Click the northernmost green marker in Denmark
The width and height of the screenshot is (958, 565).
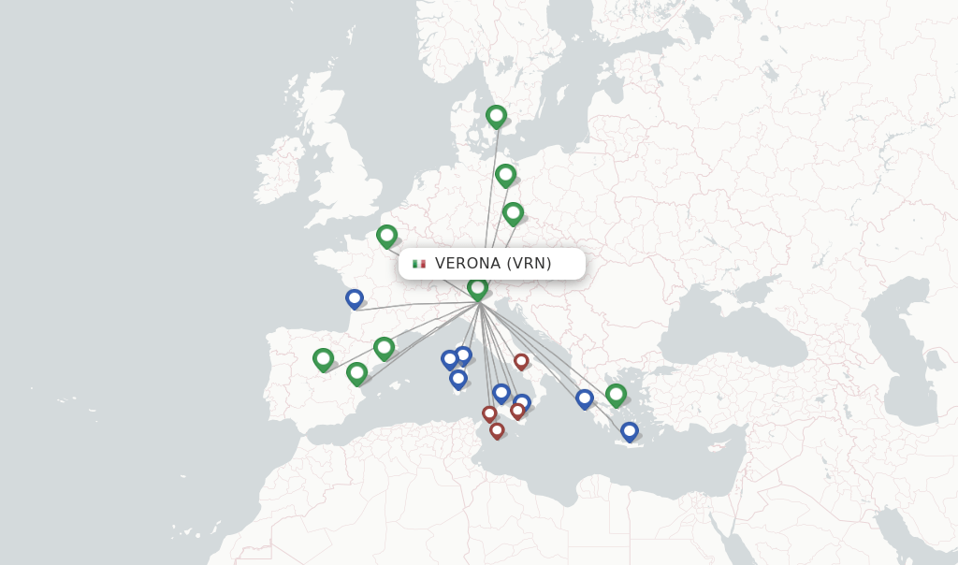[496, 117]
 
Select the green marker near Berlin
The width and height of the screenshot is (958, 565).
[505, 175]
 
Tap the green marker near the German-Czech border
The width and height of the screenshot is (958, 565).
[513, 213]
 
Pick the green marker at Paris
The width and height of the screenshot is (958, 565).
[386, 236]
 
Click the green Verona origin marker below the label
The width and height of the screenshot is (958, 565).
[478, 288]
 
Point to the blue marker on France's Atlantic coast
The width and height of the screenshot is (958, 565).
[354, 299]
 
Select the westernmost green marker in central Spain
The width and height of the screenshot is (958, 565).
[323, 359]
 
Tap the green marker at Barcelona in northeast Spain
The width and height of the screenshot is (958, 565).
[384, 348]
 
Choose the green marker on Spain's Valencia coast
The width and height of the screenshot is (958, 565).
[356, 373]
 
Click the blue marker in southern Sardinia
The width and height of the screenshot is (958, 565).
[457, 379]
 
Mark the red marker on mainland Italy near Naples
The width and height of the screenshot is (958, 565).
[521, 361]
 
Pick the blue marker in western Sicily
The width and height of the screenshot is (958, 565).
[501, 393]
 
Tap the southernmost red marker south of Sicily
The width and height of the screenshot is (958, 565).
[497, 430]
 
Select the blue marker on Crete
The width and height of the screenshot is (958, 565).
[630, 431]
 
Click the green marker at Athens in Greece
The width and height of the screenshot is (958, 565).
[616, 395]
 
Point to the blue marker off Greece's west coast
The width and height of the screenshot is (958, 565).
[585, 398]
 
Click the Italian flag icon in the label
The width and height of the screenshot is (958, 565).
[419, 264]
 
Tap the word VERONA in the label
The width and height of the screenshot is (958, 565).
[468, 264]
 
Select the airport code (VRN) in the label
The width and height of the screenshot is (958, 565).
[530, 264]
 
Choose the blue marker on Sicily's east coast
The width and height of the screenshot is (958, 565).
[522, 402]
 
